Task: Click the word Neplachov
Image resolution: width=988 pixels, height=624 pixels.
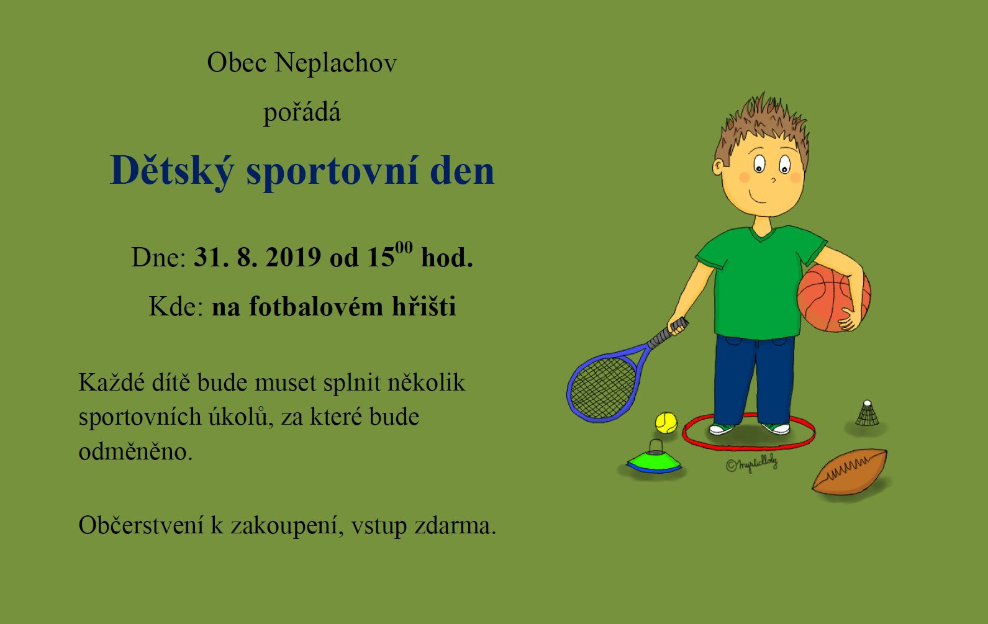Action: pos(336,63)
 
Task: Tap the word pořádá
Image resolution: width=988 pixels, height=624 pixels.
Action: pos(302,112)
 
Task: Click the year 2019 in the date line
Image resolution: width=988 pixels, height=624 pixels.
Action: pos(293,257)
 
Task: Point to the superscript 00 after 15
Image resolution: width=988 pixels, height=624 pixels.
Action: pos(404,248)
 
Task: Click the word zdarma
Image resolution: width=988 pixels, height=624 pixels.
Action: pos(455,525)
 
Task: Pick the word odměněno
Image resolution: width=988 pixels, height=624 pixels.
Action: pos(135,451)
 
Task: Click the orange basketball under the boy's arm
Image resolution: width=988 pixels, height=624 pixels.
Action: pos(833,297)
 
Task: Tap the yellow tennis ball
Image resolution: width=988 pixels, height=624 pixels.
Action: pos(666,423)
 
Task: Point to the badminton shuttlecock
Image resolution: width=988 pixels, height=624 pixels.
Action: pos(867,414)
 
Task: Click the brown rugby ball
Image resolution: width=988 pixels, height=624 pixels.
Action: pos(850,471)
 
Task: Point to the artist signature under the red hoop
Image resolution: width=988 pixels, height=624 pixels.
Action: pos(751,464)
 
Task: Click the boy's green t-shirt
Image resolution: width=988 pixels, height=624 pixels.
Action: pos(759,283)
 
